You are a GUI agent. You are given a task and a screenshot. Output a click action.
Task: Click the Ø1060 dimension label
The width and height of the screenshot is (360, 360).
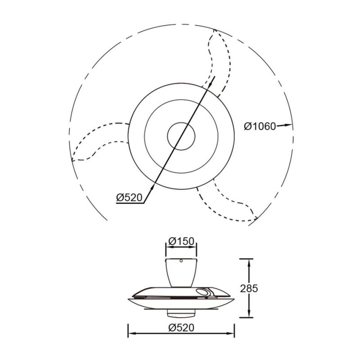[260, 126]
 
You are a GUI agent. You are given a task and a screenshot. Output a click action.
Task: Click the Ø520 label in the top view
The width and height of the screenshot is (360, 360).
[130, 197]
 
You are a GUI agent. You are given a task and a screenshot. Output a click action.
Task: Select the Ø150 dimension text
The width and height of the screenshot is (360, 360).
[181, 241]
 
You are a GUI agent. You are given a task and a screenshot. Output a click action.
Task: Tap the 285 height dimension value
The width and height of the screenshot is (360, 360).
[249, 288]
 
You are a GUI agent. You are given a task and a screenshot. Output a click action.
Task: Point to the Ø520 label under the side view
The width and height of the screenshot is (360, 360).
[181, 328]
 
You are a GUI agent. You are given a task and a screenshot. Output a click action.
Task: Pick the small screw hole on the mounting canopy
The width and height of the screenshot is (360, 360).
[181, 261]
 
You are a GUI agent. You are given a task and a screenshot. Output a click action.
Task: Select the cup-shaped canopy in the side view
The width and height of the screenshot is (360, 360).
[181, 273]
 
